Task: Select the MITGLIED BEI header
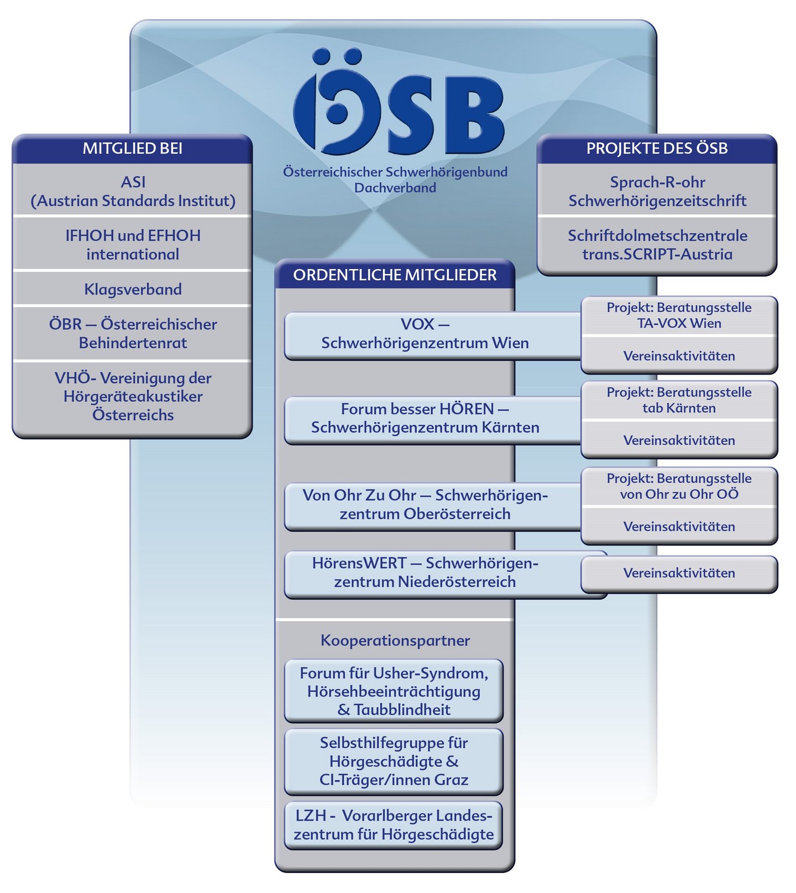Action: (132, 149)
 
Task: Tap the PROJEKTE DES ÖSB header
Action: (657, 149)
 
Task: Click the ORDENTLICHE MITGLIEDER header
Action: (395, 275)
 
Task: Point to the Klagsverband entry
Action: (133, 289)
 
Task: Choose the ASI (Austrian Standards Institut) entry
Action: (133, 191)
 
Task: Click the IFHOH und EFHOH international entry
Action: (133, 245)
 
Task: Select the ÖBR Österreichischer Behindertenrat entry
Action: (133, 333)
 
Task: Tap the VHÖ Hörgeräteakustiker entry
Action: (133, 396)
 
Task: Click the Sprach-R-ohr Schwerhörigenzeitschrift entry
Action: (657, 191)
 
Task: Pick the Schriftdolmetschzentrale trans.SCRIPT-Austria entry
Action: (657, 245)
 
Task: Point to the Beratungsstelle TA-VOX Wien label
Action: (679, 316)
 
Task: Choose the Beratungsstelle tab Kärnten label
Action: (679, 400)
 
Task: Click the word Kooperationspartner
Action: (395, 640)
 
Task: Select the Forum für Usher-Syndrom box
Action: (394, 691)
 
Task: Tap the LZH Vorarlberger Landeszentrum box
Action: (394, 825)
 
